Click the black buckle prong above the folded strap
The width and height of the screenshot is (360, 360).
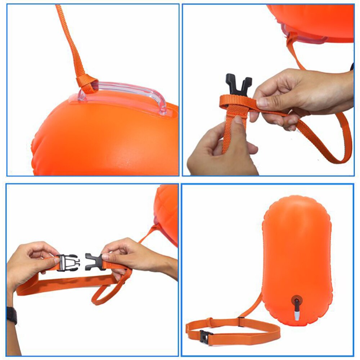pyautogui.click(x=239, y=85)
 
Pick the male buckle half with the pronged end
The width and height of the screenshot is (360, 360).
pyautogui.click(x=93, y=261)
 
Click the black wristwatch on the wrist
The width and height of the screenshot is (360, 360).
pyautogui.click(x=12, y=315)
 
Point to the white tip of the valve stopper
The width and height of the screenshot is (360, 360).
pyautogui.click(x=296, y=316)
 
